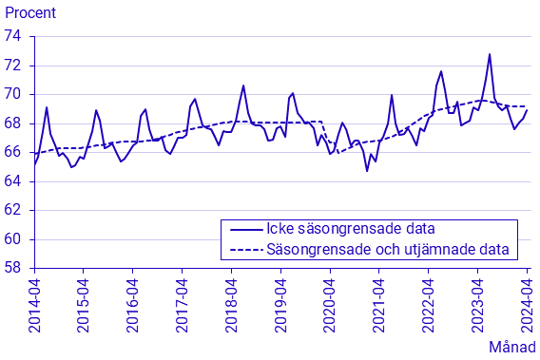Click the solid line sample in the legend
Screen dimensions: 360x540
245,230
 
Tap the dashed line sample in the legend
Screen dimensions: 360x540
245,251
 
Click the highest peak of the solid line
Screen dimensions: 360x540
490,54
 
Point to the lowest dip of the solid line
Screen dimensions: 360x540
367,170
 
